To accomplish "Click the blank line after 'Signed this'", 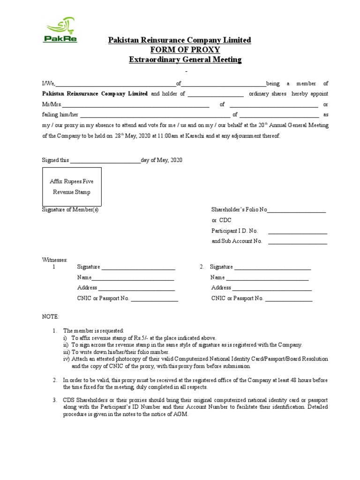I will pos(105,161).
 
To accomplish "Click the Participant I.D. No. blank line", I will pos(297,232).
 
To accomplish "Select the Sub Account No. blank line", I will pos(297,242).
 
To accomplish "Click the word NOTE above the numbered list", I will pos(51,317).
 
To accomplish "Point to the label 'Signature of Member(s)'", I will pos(70,210).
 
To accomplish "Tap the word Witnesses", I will pos(55,260).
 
